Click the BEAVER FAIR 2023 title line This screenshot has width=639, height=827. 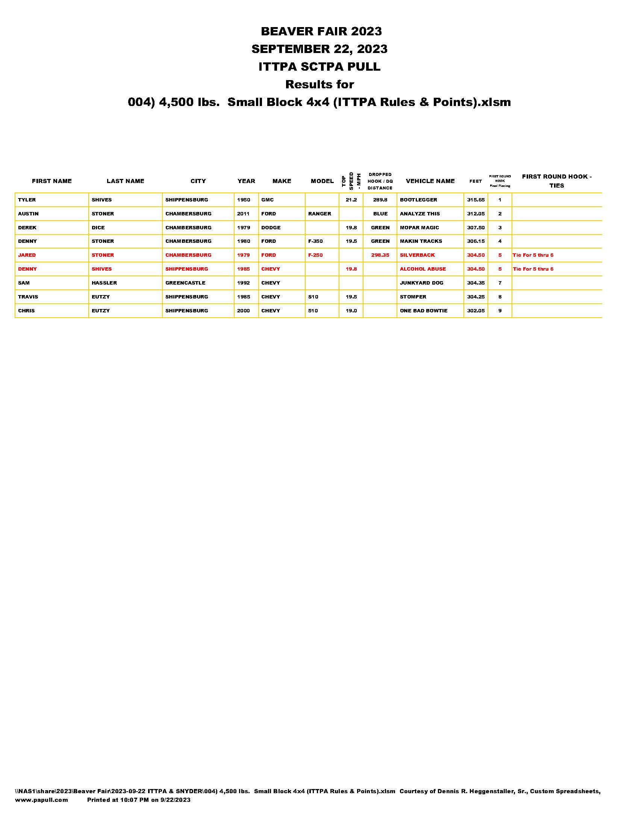tap(321, 31)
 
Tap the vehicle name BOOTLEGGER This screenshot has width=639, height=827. tap(418, 200)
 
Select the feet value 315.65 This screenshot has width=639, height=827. tap(475, 200)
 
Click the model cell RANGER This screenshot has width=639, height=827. tap(319, 214)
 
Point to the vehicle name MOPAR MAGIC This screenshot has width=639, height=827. tap(419, 227)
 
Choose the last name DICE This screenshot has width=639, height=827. tap(98, 227)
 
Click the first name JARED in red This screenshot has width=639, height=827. tap(27, 255)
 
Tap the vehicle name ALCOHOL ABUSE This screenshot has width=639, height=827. tap(422, 269)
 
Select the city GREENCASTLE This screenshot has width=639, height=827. tap(185, 283)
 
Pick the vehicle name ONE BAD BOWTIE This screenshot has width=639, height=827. tap(423, 311)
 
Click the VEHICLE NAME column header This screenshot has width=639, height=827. tap(430, 181)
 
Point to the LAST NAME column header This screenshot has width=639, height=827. tap(125, 181)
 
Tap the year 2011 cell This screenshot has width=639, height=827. tap(243, 214)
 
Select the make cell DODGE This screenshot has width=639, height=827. tap(271, 227)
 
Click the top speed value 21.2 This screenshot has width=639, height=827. tap(351, 200)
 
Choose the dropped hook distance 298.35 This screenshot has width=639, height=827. tap(380, 255)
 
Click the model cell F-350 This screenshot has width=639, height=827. tap(315, 241)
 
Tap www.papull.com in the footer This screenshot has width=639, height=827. tap(42, 800)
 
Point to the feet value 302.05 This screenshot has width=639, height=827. tap(475, 311)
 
